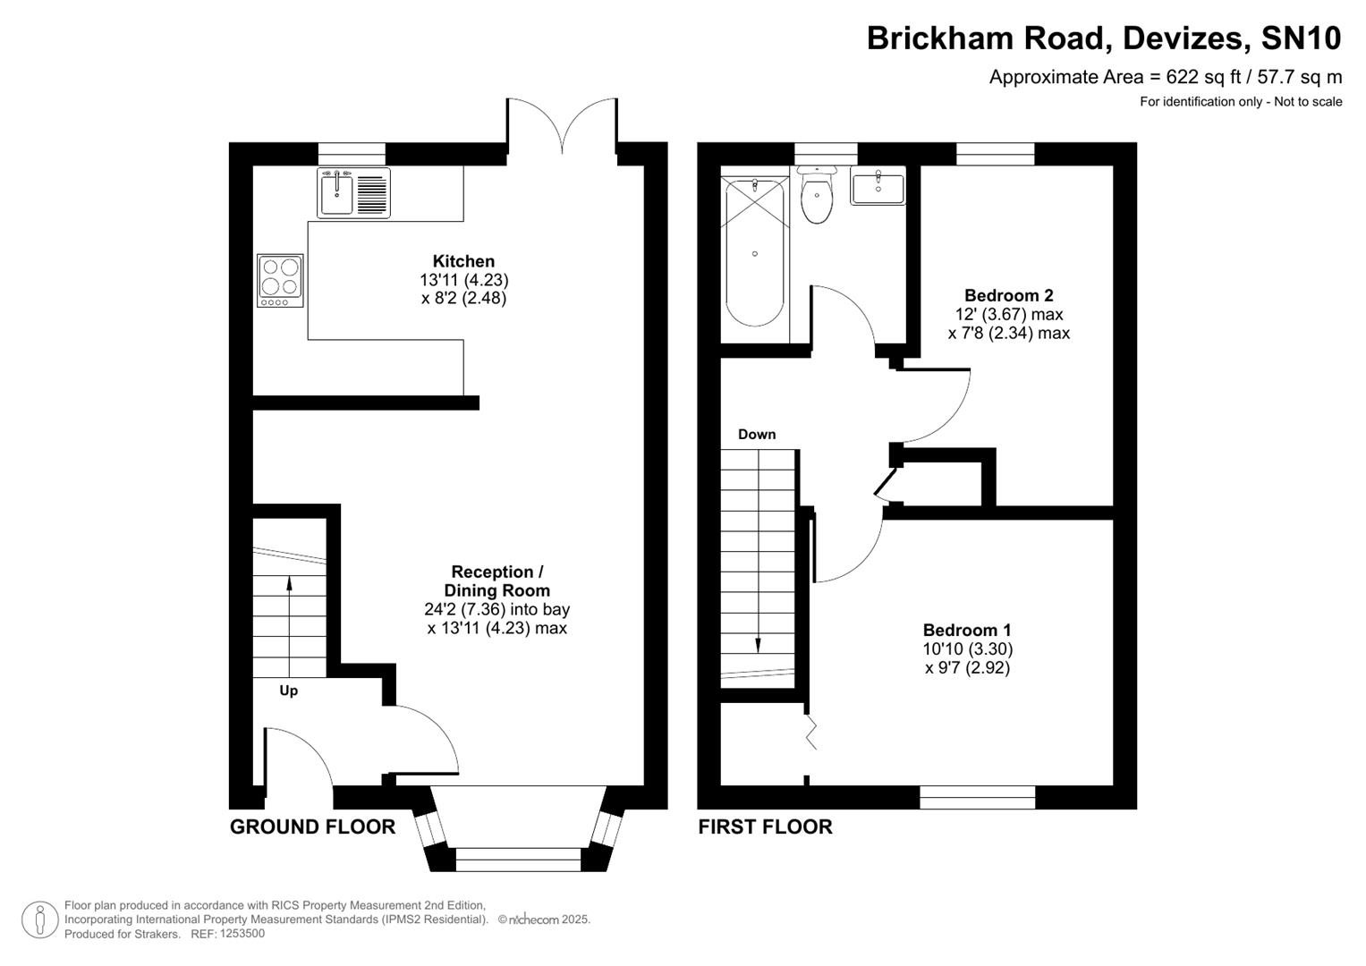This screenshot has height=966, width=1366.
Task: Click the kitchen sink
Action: click(337, 194)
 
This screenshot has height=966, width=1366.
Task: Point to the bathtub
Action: click(755, 254)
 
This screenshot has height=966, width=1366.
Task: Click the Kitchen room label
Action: click(463, 261)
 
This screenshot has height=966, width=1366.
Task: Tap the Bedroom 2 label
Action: click(1008, 295)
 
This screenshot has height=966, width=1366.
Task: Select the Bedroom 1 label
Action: click(967, 630)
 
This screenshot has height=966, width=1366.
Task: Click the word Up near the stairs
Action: click(288, 691)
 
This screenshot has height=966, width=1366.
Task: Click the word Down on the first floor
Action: click(756, 435)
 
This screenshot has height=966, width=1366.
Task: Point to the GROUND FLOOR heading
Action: click(312, 826)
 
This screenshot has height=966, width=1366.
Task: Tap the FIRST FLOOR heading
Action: click(765, 826)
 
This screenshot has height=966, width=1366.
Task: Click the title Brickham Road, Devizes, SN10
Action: click(1104, 38)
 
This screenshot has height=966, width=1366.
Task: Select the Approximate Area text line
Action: click(1165, 77)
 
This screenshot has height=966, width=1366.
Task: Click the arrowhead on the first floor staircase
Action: click(759, 646)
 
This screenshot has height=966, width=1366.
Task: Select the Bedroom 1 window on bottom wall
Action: click(977, 797)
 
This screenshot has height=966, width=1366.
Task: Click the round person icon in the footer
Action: click(40, 919)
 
